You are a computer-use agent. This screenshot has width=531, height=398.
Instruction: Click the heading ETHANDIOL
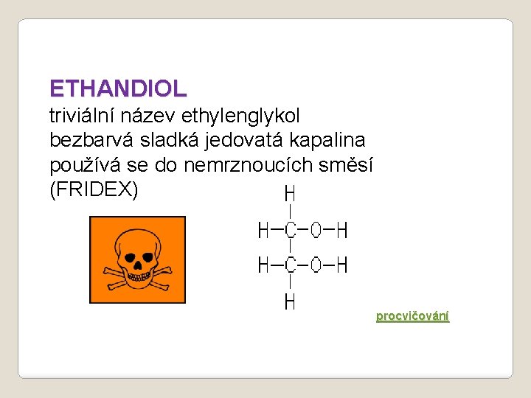point(118,89)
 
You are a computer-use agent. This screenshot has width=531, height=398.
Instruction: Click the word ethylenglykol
point(251,116)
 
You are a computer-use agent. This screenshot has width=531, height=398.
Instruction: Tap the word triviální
point(80,116)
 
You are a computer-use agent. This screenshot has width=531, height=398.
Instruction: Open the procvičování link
point(412,316)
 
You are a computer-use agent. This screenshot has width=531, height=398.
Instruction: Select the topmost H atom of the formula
point(290,194)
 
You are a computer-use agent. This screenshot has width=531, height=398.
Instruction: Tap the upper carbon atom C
point(291,231)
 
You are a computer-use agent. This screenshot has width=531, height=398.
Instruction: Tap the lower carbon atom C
point(291,265)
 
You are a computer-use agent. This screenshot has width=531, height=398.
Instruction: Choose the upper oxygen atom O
point(316,231)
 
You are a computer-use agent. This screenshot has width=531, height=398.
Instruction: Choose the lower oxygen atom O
point(316,265)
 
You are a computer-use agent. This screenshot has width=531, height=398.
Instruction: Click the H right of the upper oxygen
point(341,231)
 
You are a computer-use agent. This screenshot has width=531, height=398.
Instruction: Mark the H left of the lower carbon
point(263,265)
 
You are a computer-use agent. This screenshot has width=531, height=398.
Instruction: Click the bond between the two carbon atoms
point(291,248)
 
